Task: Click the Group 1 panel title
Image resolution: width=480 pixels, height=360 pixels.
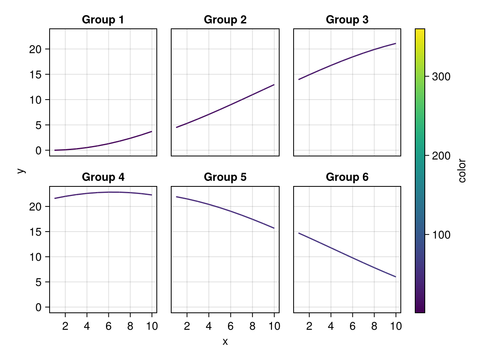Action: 103,20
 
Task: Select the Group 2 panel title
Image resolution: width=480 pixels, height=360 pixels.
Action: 225,20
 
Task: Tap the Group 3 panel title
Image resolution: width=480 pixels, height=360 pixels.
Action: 347,20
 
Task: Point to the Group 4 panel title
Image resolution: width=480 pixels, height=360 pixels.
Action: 103,177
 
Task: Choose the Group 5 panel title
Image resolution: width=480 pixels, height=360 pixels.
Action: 225,177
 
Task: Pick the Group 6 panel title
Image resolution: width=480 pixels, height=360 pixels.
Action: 347,177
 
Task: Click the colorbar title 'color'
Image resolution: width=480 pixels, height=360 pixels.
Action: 463,171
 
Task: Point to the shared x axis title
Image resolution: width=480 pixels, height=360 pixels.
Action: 225,342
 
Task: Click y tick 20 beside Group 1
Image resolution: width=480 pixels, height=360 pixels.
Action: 36,49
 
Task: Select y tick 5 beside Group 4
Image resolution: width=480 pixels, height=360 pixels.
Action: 39,282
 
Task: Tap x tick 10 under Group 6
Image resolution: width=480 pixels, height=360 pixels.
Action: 396,326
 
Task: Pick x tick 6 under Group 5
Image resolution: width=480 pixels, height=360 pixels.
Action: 230,326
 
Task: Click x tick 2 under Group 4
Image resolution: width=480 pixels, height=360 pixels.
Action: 65,326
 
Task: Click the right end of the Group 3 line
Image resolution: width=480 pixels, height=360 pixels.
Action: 396,43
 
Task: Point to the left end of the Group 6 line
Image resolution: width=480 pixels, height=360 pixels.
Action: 298,233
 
